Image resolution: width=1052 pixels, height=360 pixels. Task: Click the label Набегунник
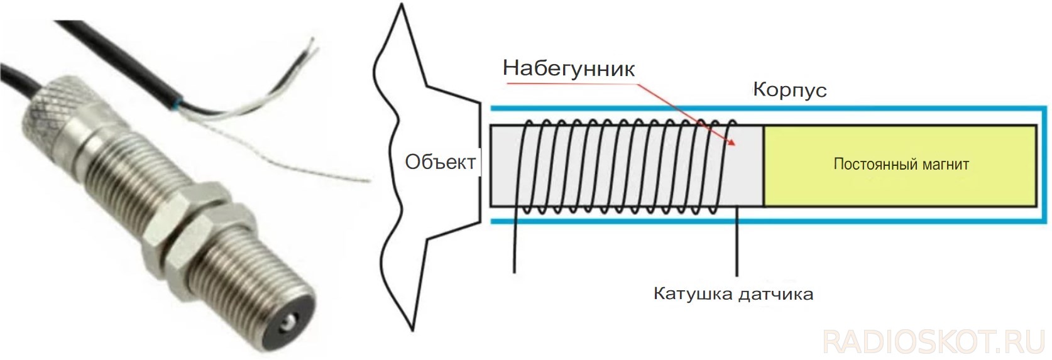pyautogui.click(x=568, y=68)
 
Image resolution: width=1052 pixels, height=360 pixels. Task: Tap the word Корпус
pyautogui.click(x=789, y=90)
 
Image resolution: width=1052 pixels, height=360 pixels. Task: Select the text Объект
pyautogui.click(x=441, y=162)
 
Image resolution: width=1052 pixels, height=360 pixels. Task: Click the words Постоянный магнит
pyautogui.click(x=901, y=164)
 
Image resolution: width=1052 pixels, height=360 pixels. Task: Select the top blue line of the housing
pyautogui.click(x=769, y=109)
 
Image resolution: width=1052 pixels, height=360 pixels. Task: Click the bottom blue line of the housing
pyautogui.click(x=769, y=221)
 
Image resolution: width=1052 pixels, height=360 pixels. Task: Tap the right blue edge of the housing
pyautogui.click(x=1046, y=165)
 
